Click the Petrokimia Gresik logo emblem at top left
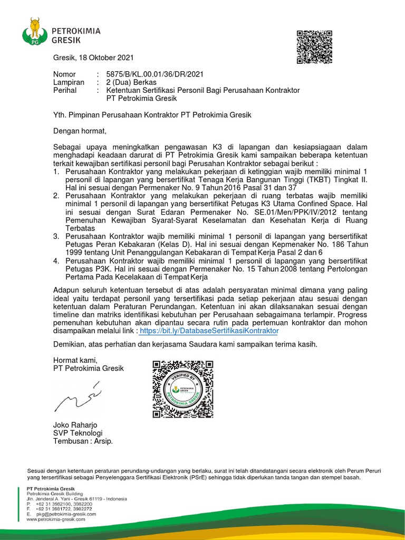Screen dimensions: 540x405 click(34, 31)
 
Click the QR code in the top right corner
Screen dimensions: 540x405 click(314, 47)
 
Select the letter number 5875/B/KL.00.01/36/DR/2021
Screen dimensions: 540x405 click(155, 74)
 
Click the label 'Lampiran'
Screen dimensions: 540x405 click(69, 82)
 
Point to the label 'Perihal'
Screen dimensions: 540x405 click(65, 90)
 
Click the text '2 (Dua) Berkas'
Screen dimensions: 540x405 click(131, 82)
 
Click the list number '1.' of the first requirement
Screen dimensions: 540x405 click(56, 172)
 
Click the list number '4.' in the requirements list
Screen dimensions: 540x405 click(56, 261)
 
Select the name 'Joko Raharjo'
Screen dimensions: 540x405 click(75, 425)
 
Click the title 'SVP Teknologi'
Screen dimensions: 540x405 click(78, 433)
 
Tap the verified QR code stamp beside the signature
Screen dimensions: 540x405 click(182, 389)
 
